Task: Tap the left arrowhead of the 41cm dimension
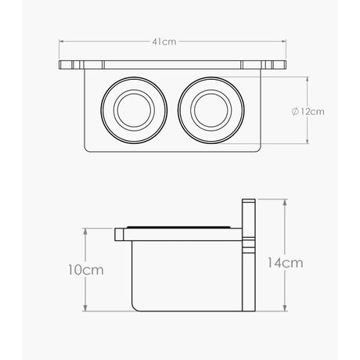tap(60, 41)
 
